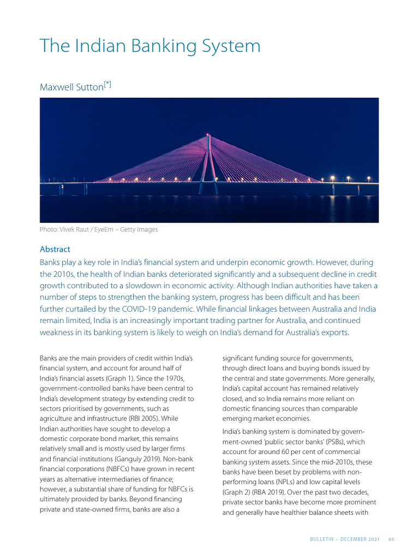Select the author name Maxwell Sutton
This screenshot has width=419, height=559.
[71, 87]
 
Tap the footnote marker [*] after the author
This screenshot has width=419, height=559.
[108, 84]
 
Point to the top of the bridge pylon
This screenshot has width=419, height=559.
[207, 134]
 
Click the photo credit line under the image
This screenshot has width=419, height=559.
[99, 230]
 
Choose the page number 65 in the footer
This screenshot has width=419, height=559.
[391, 540]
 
